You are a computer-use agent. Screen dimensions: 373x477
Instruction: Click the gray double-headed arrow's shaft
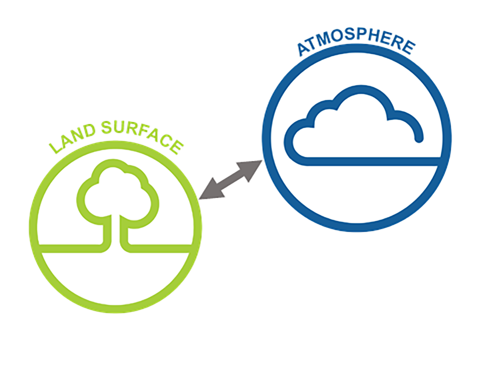(x=231, y=180)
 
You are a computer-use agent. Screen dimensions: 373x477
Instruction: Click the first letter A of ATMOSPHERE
(x=304, y=50)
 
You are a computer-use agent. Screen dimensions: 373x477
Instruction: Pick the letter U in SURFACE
(x=120, y=128)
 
